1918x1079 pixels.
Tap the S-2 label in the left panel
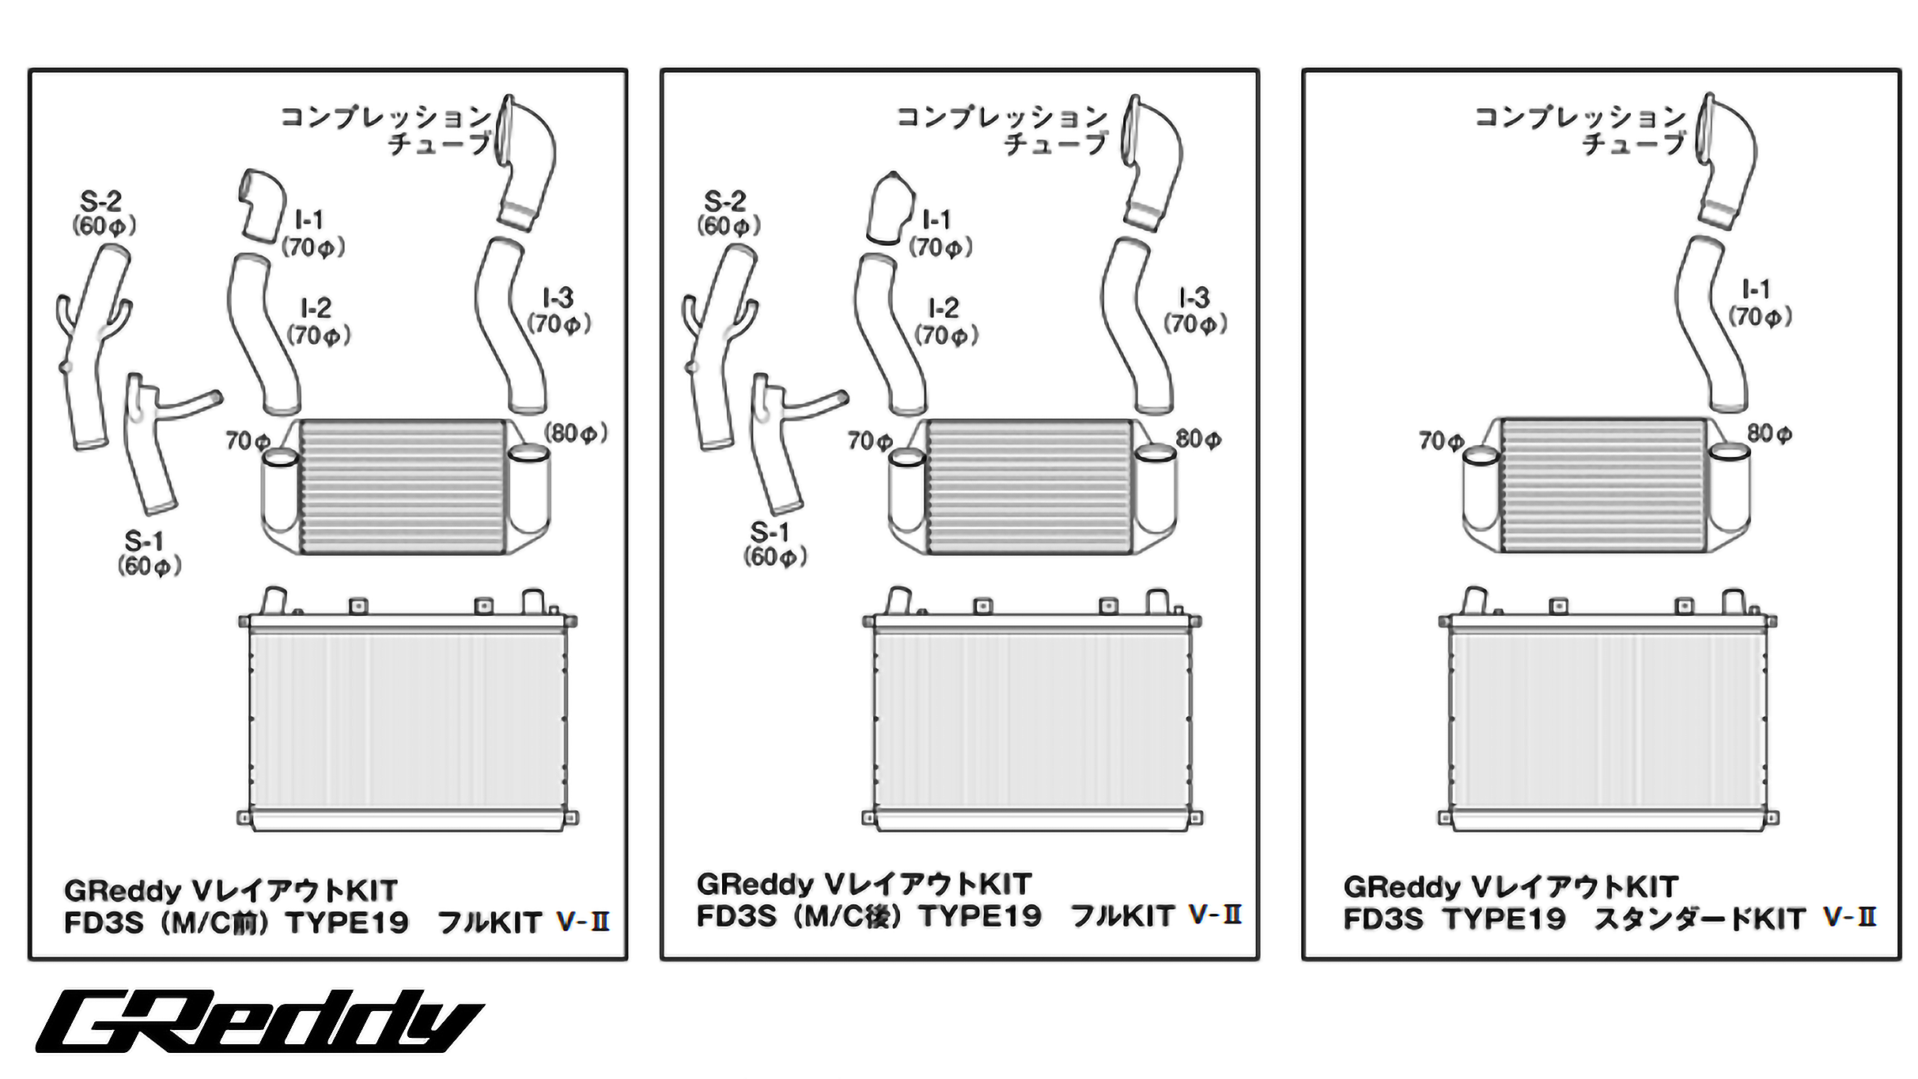point(101,202)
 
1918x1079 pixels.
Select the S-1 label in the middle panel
point(770,532)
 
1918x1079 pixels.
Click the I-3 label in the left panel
point(558,299)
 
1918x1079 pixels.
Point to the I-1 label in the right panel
point(1756,290)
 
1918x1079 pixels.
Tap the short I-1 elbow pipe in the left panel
point(263,203)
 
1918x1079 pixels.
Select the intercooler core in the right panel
point(1603,485)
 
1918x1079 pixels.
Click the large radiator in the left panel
point(407,719)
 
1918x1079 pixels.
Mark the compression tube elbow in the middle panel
point(1152,162)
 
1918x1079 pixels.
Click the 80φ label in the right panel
point(1769,433)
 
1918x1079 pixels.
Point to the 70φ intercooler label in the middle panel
point(869,441)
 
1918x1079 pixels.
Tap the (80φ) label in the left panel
point(575,433)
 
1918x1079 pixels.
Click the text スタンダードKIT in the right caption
point(1699,919)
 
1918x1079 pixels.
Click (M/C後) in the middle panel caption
point(847,916)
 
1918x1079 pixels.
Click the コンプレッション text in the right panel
point(1580,118)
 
